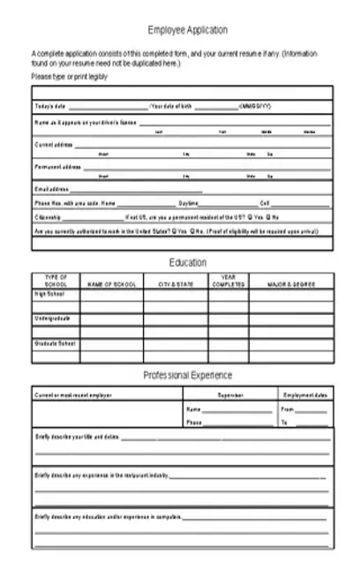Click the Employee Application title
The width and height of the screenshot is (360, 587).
point(187,29)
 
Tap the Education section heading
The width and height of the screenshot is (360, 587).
point(187,262)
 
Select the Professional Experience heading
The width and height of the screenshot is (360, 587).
point(187,375)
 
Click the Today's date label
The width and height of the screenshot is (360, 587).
point(49,106)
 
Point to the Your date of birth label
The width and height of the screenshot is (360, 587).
point(171,106)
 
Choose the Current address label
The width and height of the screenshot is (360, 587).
point(54,143)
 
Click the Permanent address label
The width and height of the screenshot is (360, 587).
point(57,166)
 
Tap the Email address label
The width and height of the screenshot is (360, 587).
point(51,189)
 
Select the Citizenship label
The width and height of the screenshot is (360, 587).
point(49,216)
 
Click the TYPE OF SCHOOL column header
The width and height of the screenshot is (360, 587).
point(56,281)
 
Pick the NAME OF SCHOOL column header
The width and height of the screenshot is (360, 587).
point(111,284)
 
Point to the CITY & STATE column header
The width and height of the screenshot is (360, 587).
point(176,284)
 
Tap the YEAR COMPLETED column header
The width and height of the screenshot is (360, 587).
point(228,281)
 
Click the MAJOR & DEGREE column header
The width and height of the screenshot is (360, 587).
point(291,284)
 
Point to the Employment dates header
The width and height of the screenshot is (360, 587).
point(304,395)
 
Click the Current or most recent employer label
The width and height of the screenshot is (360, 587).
point(74,395)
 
